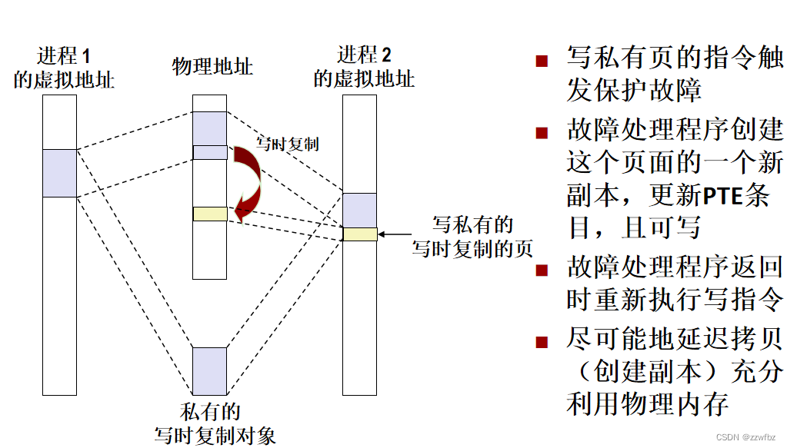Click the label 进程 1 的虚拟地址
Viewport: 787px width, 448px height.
coord(64,68)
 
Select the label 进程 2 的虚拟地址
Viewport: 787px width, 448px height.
coord(364,68)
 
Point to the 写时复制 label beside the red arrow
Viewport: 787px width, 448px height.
coord(288,143)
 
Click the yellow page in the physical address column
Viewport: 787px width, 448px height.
coord(210,214)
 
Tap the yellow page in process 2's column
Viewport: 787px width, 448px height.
coord(360,234)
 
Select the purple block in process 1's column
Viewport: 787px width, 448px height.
coord(59,173)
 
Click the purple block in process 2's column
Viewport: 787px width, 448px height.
coord(360,210)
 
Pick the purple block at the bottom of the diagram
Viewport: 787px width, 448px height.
coord(210,371)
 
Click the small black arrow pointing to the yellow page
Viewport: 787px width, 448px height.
coord(396,234)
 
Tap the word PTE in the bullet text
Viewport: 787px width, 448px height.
coord(722,195)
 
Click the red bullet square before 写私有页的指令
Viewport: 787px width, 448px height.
coord(542,61)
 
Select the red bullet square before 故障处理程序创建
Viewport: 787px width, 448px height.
coord(542,132)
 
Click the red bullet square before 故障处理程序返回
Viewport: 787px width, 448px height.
coord(542,270)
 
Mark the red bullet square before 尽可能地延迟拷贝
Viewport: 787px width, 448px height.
coord(542,341)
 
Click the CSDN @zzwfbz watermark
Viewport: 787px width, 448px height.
coord(748,436)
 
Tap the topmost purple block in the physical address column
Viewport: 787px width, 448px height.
coord(210,128)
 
